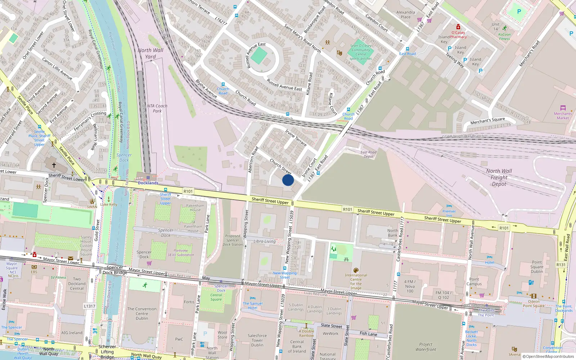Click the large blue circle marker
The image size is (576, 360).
[x=288, y=180]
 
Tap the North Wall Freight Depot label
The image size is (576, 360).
[x=499, y=177]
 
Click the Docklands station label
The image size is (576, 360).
[x=148, y=183]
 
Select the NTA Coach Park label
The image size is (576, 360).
[x=157, y=108]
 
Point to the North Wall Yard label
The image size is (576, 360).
[x=150, y=53]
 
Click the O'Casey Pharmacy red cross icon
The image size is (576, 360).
[x=458, y=27]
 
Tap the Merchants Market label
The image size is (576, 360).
[x=563, y=116]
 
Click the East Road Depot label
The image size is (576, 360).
[x=369, y=154]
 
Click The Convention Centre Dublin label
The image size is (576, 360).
[x=142, y=314]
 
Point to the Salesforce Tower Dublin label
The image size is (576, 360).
[x=257, y=340]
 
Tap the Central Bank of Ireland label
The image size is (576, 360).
[x=297, y=346]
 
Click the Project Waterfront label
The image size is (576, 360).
[x=426, y=347]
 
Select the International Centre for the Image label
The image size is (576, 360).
[x=356, y=281]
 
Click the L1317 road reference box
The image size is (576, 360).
[x=90, y=306]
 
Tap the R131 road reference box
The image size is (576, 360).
[x=561, y=265]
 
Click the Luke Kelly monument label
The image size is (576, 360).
[x=109, y=204]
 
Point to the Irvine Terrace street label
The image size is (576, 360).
[x=296, y=138]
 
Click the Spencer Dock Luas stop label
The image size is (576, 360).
[x=221, y=288]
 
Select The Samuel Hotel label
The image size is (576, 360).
[x=253, y=306]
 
